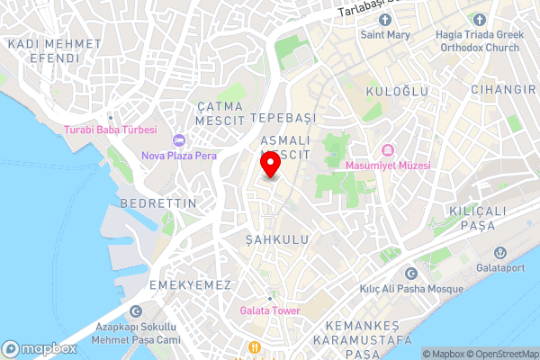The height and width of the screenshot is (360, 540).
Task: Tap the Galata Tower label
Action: [x=270, y=311]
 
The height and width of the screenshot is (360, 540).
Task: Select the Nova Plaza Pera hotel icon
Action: [x=178, y=139]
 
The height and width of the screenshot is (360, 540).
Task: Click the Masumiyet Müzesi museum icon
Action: [x=388, y=150]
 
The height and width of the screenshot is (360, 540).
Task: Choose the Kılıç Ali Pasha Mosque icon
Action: [x=411, y=274]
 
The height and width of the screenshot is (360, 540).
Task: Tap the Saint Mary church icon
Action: [x=384, y=21]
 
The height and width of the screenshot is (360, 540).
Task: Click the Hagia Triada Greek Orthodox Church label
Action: [x=479, y=42]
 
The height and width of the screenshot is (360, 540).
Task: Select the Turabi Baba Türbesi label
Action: [x=111, y=130]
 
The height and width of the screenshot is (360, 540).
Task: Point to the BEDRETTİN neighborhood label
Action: [x=157, y=203]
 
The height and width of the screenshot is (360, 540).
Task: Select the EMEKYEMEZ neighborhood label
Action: [x=190, y=284]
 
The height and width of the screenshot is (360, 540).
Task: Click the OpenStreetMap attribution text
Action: [x=502, y=354]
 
